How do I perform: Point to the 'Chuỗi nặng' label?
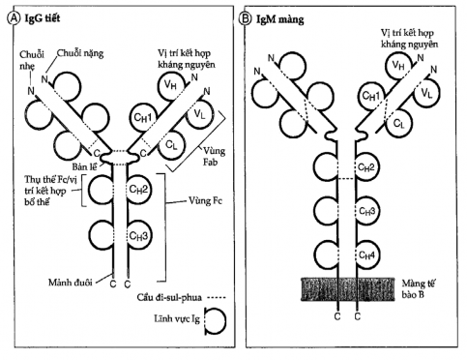[x=82, y=55]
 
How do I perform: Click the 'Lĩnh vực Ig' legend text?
[x=174, y=319]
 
